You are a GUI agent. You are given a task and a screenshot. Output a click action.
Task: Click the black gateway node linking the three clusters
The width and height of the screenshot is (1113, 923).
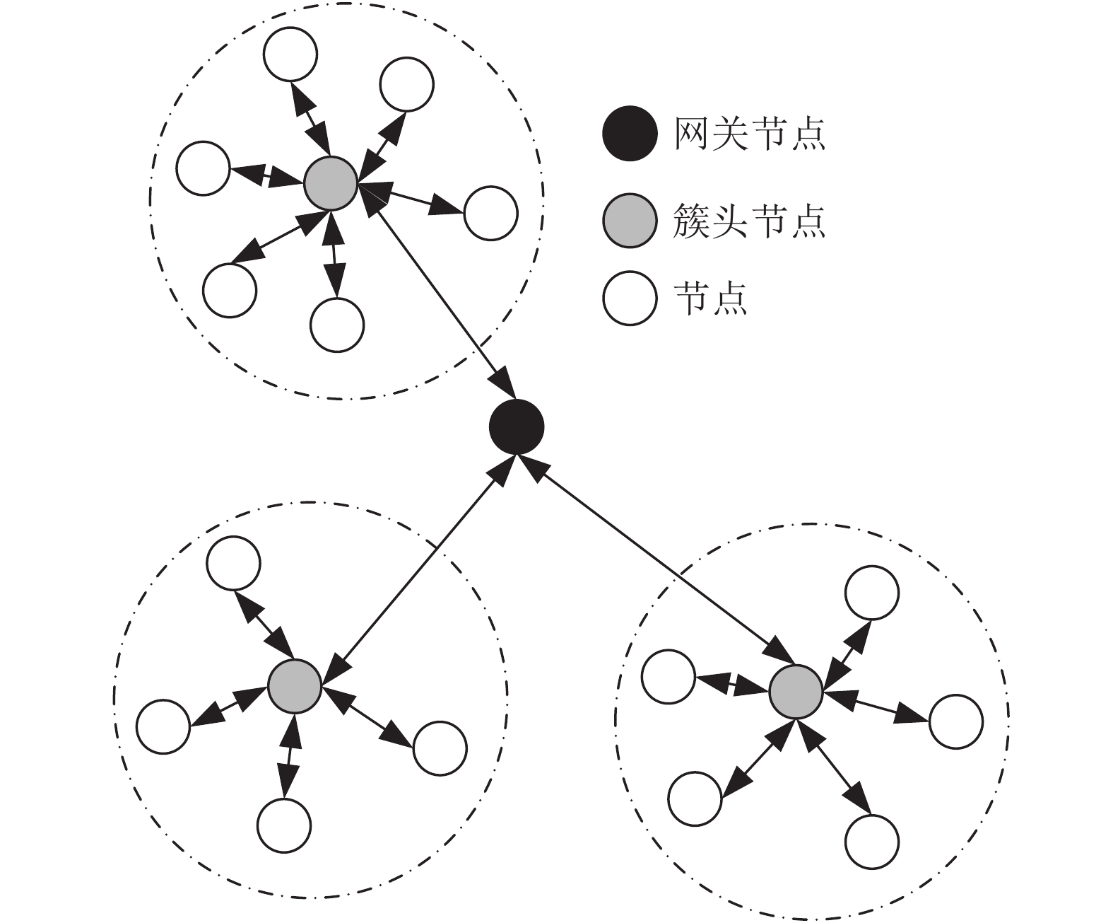pyautogui.click(x=517, y=426)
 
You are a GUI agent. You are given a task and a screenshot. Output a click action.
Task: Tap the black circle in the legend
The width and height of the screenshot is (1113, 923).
pyautogui.click(x=630, y=134)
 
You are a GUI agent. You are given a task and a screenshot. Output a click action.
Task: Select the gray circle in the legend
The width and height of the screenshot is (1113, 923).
pyautogui.click(x=630, y=221)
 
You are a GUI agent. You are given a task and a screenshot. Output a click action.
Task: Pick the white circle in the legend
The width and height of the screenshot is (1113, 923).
pyautogui.click(x=630, y=298)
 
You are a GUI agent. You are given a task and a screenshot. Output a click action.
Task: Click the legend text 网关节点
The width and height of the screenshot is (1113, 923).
pyautogui.click(x=750, y=134)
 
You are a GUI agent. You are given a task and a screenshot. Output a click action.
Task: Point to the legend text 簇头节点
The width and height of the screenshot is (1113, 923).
pyautogui.click(x=750, y=221)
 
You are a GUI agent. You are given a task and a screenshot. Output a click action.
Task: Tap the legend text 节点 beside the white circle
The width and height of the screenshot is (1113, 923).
pyautogui.click(x=711, y=298)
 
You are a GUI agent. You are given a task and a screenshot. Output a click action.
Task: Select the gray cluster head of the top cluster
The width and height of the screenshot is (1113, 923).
pyautogui.click(x=331, y=183)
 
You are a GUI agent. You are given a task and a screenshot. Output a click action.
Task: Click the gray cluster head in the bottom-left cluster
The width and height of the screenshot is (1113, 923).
pyautogui.click(x=294, y=686)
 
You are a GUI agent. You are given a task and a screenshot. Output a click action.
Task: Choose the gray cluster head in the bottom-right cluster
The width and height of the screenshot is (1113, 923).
pyautogui.click(x=796, y=692)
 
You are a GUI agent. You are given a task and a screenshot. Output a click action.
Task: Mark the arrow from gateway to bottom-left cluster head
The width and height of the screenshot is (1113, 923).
pyautogui.click(x=418, y=571)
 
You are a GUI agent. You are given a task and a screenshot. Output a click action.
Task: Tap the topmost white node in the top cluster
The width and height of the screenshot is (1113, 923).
pyautogui.click(x=290, y=54)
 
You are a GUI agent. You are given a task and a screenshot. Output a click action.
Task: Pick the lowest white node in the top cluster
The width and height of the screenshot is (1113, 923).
pyautogui.click(x=337, y=325)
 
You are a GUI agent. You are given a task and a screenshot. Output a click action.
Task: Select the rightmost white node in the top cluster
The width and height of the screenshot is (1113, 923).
pyautogui.click(x=491, y=213)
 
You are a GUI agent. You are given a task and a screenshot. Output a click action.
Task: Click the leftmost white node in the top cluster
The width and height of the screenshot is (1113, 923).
pyautogui.click(x=203, y=168)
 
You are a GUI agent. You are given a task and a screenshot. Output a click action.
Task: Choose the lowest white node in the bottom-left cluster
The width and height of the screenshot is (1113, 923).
pyautogui.click(x=284, y=825)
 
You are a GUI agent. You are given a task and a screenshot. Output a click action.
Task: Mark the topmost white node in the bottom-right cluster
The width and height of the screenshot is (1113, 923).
pyautogui.click(x=872, y=592)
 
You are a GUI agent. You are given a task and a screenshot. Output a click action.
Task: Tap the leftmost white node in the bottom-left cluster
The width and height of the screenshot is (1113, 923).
pyautogui.click(x=163, y=726)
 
